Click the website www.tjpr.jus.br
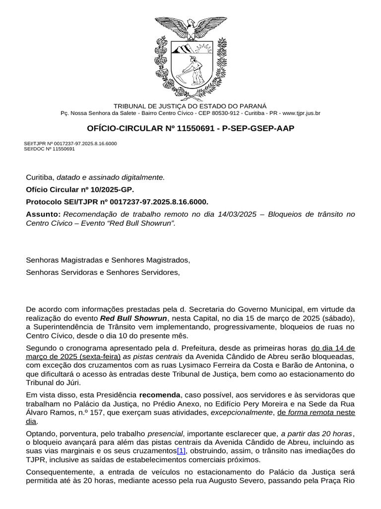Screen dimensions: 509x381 (x=301, y=113)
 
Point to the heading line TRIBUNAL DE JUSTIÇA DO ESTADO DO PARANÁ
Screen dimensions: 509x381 (x=190, y=106)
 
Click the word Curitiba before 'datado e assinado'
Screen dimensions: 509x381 (x=40, y=177)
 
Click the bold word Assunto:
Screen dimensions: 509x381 (x=42, y=214)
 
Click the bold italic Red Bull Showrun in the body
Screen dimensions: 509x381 (x=133, y=318)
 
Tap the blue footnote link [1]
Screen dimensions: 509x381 (x=181, y=451)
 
